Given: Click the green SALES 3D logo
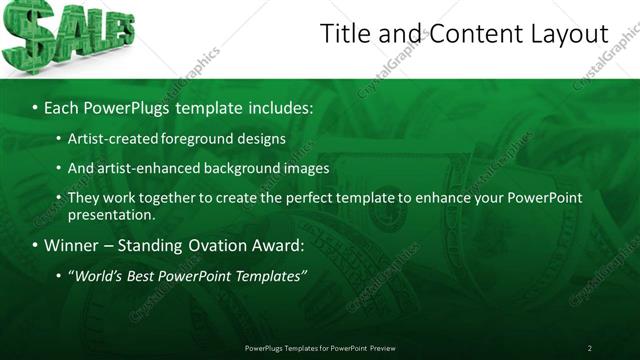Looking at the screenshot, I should click(x=66, y=35).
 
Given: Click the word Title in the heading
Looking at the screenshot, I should click(x=345, y=34).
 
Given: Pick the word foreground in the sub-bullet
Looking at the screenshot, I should click(x=193, y=139).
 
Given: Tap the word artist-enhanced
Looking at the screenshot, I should click(x=146, y=168).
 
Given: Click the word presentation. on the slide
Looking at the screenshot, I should click(x=112, y=215).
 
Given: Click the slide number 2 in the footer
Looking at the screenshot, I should click(x=590, y=348).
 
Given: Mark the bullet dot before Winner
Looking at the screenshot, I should click(x=35, y=245).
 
